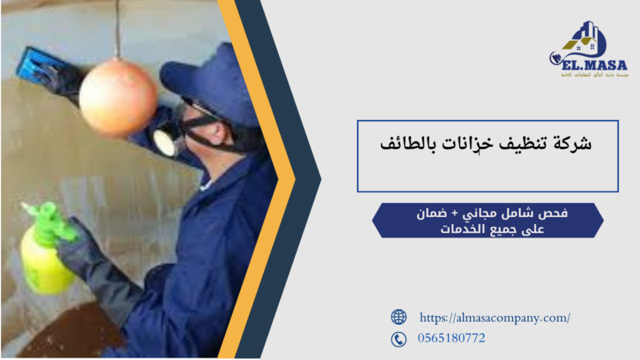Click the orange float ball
118,97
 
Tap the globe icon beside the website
398,317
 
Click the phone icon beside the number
398,339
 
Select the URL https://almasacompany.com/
494,318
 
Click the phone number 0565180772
451,338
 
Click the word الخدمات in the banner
460,230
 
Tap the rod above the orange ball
118,28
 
